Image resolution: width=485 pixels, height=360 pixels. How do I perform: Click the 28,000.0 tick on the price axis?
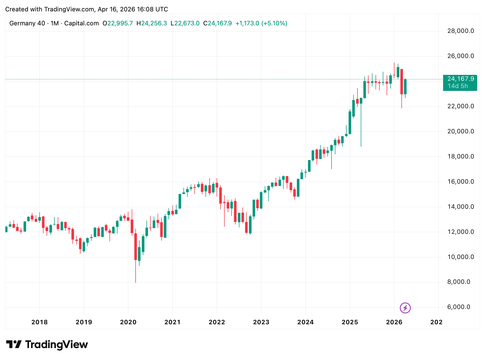coord(460,31)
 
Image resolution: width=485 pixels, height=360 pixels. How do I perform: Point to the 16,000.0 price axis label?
coord(460,182)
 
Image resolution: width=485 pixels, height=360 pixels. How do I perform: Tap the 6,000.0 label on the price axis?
coord(459,307)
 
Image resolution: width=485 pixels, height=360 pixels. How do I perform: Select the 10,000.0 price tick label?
coord(460,257)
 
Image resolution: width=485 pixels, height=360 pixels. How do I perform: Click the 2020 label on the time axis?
coord(128,322)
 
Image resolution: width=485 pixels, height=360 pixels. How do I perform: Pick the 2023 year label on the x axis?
coord(261,322)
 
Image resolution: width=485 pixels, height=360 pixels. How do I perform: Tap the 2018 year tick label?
coord(39,322)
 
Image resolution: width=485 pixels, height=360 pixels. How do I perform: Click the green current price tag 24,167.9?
coord(461,79)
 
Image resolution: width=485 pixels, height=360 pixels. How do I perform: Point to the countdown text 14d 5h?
coord(458,86)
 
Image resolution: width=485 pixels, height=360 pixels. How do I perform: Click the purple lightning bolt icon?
coord(405,308)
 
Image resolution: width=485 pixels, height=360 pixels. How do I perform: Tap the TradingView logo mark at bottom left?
coord(14,344)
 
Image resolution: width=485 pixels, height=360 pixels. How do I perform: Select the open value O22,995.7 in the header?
coord(118,23)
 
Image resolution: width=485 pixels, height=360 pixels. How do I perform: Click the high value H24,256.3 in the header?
coord(152,23)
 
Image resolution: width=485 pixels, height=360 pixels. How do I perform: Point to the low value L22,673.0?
coord(185,23)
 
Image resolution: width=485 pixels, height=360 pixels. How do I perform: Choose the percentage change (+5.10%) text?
coord(274,23)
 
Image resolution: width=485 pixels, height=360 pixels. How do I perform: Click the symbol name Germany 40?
coord(27,23)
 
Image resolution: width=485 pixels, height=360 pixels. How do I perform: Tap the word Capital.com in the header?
coord(82,23)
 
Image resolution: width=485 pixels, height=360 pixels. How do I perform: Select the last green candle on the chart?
coord(405,87)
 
